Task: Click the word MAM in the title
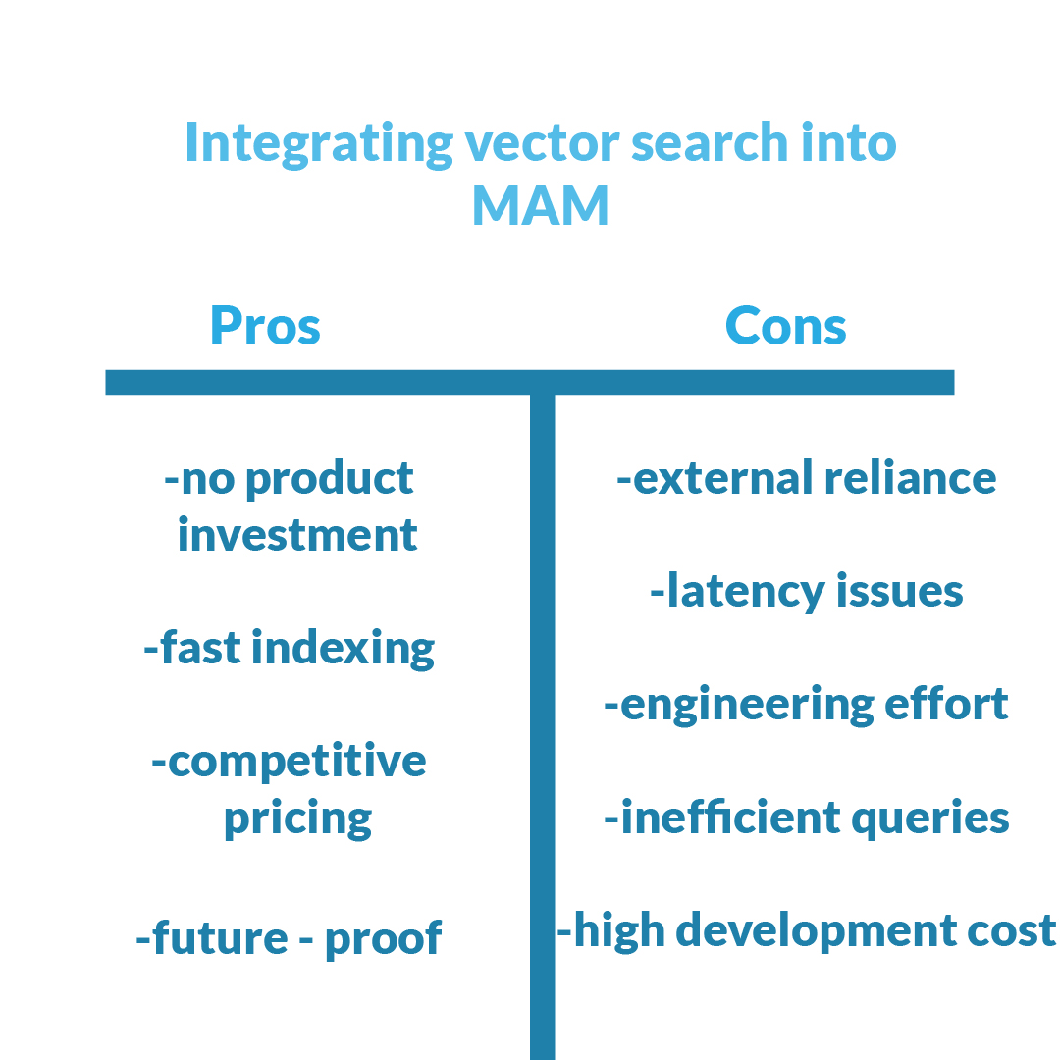click(x=541, y=205)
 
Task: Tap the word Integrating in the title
click(x=319, y=143)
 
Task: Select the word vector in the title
click(x=542, y=143)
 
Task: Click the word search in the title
click(x=710, y=143)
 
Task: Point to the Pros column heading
click(x=265, y=326)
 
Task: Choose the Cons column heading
click(x=785, y=326)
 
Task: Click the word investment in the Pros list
click(x=297, y=535)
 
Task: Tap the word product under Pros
click(x=329, y=480)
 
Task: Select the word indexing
click(x=343, y=650)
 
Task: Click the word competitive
click(x=296, y=762)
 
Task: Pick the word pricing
click(x=297, y=820)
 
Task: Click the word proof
click(x=384, y=939)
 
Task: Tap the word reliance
click(x=911, y=478)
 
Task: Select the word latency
click(x=746, y=592)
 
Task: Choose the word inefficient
click(x=731, y=818)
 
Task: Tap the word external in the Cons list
click(x=722, y=479)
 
